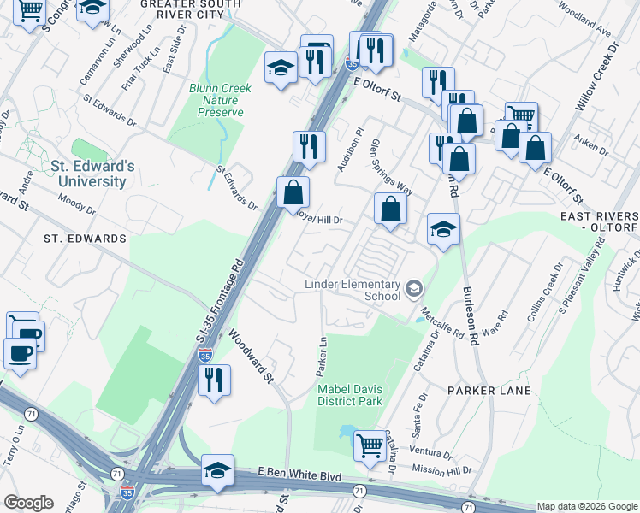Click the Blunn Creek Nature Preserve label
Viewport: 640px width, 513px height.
click(x=217, y=99)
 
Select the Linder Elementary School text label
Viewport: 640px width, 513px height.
click(x=353, y=290)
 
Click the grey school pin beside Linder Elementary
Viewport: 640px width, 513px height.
click(x=414, y=288)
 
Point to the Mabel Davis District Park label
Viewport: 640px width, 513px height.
click(x=351, y=394)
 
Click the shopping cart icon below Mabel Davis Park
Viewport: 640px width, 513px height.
click(x=369, y=445)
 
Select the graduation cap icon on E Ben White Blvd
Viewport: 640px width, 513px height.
click(x=217, y=469)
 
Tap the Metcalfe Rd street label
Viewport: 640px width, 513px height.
click(x=443, y=302)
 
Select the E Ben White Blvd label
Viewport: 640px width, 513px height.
click(x=299, y=475)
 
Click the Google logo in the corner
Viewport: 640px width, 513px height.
click(x=28, y=502)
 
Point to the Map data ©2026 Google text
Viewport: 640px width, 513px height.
click(x=586, y=506)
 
